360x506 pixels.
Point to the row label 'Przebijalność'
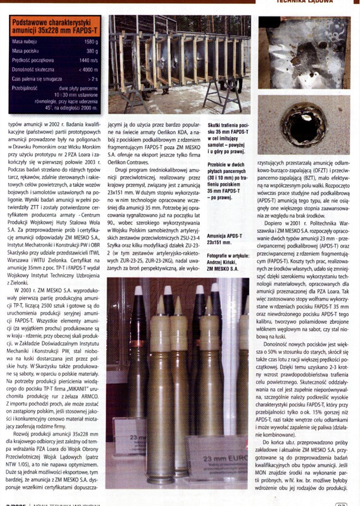pyautogui.click(x=26, y=88)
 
